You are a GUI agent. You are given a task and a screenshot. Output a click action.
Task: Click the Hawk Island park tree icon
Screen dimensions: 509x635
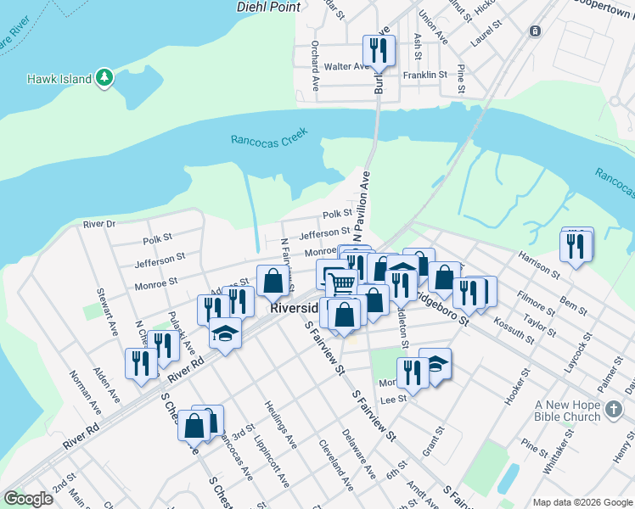click(x=104, y=78)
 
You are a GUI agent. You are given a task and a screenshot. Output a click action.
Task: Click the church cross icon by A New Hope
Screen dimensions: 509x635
click(x=615, y=411)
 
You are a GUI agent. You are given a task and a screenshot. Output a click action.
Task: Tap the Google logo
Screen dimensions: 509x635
click(x=28, y=499)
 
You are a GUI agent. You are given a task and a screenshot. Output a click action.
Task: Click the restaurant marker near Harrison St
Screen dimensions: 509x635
click(x=576, y=246)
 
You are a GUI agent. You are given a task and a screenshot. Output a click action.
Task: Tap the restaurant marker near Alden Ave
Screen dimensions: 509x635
click(x=139, y=364)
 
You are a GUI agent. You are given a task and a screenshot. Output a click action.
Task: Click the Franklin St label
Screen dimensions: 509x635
click(x=425, y=75)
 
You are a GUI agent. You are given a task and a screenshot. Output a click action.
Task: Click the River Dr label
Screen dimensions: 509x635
click(x=98, y=224)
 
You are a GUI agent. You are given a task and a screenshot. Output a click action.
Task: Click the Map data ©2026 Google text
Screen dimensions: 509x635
click(x=582, y=502)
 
